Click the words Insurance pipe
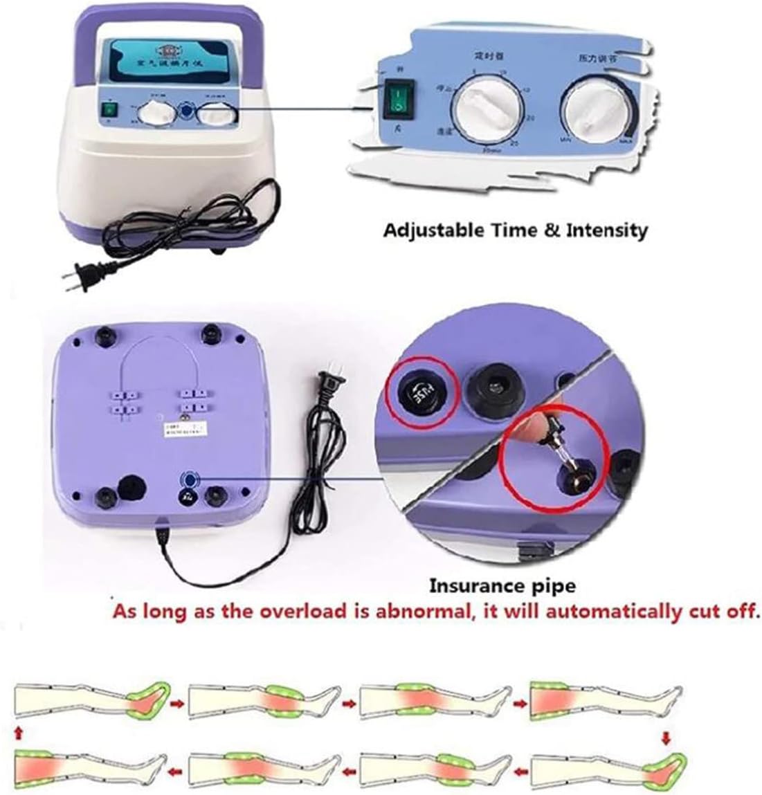point(502,586)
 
